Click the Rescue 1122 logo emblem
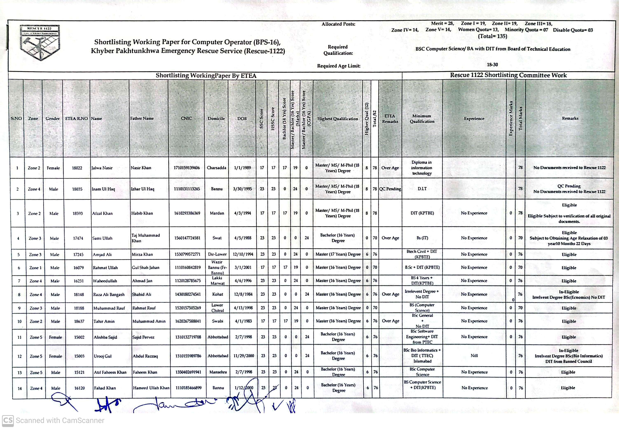40,42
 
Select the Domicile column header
216,118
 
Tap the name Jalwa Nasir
102,168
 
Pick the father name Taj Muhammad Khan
145,238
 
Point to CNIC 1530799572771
187,254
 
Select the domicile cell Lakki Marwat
217,281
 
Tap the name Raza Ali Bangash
109,295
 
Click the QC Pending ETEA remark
390,189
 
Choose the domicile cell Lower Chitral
217,308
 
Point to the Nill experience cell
474,356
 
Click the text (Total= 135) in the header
492,36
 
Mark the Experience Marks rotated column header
511,118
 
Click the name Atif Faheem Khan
110,372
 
